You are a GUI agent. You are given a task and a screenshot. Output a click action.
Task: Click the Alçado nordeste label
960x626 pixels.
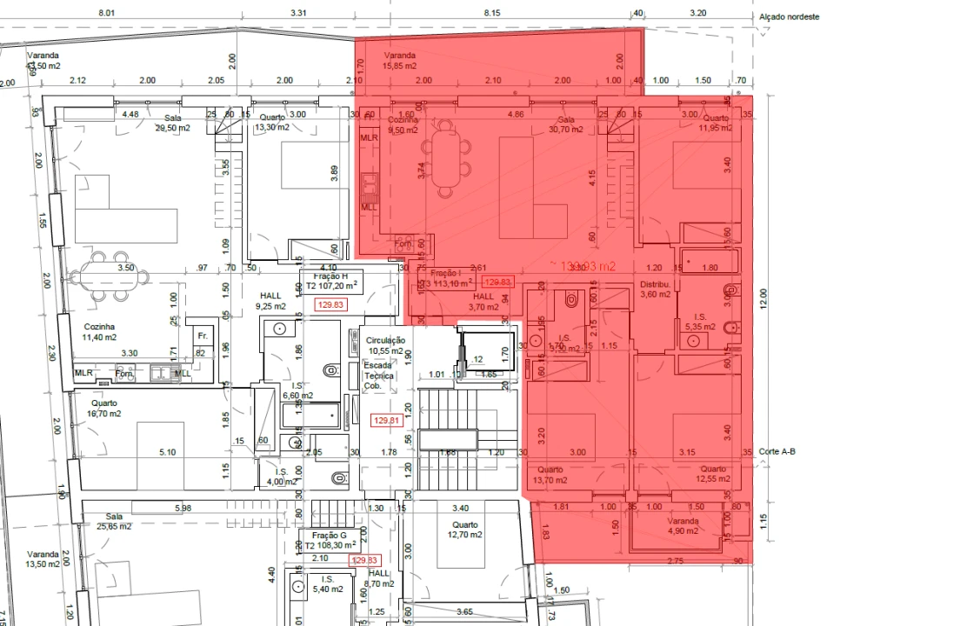[x=789, y=17]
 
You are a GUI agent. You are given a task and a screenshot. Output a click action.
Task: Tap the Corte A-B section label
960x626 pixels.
[x=777, y=451]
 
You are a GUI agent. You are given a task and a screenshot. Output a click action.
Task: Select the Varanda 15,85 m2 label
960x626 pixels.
[x=400, y=60]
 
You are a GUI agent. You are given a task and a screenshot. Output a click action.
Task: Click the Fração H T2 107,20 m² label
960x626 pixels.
[x=330, y=280]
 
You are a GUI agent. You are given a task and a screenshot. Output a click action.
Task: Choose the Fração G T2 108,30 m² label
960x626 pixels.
[x=330, y=541]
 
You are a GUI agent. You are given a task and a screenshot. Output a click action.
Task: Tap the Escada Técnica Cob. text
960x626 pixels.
[x=378, y=376]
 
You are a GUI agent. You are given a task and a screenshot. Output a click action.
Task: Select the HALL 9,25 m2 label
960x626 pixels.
[x=271, y=301]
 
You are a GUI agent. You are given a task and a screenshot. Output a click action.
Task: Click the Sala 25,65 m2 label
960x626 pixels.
[x=114, y=521]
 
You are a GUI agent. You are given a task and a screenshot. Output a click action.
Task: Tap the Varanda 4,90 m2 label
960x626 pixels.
[x=683, y=525]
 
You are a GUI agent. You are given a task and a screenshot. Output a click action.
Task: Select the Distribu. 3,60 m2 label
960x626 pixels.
[x=656, y=290]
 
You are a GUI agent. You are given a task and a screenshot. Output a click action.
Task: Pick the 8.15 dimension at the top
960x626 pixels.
[x=491, y=13]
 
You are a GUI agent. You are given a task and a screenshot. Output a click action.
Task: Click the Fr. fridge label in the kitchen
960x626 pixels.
[x=202, y=336]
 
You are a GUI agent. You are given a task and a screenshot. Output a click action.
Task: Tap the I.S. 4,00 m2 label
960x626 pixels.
[x=281, y=477]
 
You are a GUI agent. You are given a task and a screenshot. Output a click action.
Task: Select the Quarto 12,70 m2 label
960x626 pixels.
[x=464, y=529]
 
